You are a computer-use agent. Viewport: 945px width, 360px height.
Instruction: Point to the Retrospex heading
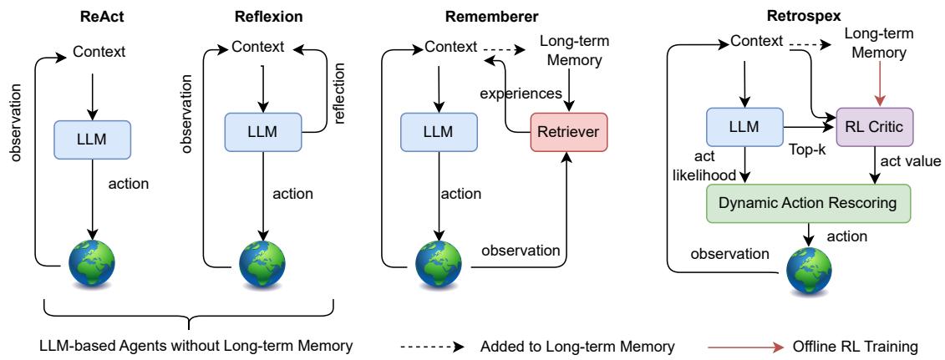point(794,14)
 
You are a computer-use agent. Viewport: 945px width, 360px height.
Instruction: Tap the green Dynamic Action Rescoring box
point(808,202)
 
